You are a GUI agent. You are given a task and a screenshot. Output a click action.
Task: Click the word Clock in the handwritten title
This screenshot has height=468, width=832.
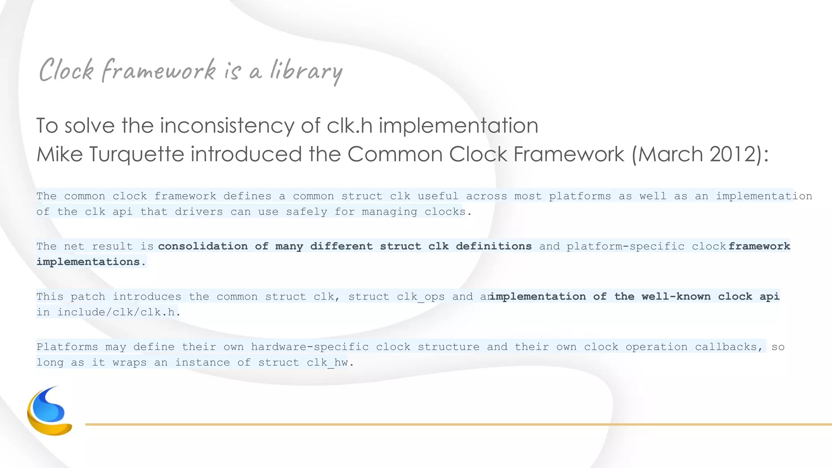[67, 70]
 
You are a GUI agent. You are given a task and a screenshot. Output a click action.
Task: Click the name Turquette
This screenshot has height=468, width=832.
[136, 154]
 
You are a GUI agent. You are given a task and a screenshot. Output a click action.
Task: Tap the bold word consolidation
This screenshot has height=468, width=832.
[203, 246]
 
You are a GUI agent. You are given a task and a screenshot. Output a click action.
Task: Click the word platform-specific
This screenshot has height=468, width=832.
[626, 246]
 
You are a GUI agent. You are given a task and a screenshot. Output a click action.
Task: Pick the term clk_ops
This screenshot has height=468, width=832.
[421, 297]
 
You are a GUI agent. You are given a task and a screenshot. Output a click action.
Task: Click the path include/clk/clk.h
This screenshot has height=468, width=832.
[117, 312]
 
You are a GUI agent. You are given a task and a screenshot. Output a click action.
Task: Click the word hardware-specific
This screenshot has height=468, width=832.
[310, 347]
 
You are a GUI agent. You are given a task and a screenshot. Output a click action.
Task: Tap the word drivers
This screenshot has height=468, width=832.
[199, 212]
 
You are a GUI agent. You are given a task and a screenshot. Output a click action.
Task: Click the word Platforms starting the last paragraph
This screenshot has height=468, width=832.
[67, 347]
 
